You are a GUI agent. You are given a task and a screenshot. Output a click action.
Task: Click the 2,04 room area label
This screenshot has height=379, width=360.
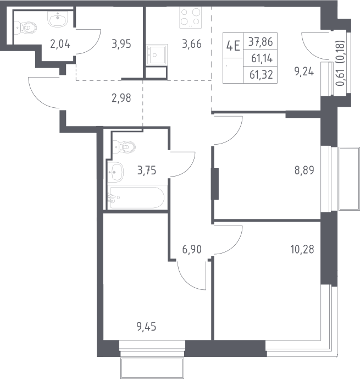60,44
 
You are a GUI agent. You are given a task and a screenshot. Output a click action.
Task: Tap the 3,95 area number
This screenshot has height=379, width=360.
121,44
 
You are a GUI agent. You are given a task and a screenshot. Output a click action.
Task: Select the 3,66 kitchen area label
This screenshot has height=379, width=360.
192,44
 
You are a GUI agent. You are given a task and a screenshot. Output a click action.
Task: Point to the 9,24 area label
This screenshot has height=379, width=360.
304,72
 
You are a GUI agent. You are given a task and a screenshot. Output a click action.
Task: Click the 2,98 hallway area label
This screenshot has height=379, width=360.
121,98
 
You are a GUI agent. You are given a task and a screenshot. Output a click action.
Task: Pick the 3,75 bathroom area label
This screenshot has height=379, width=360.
147,171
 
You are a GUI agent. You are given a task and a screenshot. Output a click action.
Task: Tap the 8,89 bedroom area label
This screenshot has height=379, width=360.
304,171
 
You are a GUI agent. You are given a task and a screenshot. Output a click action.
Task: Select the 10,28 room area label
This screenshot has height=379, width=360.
302,249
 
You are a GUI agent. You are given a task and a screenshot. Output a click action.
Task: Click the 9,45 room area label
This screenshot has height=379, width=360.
146,327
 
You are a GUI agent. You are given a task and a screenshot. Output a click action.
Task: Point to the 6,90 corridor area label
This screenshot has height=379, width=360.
192,249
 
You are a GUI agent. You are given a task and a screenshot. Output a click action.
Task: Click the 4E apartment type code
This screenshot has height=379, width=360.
233,46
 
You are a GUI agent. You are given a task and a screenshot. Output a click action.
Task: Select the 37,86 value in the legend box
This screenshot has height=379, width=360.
261,42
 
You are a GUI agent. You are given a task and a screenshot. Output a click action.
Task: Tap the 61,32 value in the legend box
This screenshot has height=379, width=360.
261,75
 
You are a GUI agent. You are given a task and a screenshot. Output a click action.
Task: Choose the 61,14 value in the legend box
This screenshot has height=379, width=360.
262,58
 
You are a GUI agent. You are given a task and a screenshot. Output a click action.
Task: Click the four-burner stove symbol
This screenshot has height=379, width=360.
191,18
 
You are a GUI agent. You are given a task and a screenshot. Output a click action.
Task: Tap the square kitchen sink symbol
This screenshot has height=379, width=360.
157,54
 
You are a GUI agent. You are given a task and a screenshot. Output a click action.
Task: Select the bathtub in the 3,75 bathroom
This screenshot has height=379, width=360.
137,197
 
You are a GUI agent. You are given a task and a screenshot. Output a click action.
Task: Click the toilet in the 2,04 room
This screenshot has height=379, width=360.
25,28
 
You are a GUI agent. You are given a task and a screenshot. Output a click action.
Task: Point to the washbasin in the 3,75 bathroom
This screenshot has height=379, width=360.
115,172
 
